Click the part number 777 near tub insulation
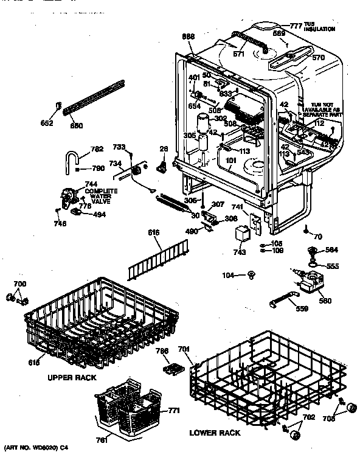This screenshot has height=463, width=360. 296,26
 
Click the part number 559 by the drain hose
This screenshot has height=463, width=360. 301,309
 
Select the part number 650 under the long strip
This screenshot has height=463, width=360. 76,125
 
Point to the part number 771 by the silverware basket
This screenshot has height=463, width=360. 174,411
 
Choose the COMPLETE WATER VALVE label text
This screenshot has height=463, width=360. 101,195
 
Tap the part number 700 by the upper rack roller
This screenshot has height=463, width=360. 19,284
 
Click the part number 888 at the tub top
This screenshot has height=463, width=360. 189,37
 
